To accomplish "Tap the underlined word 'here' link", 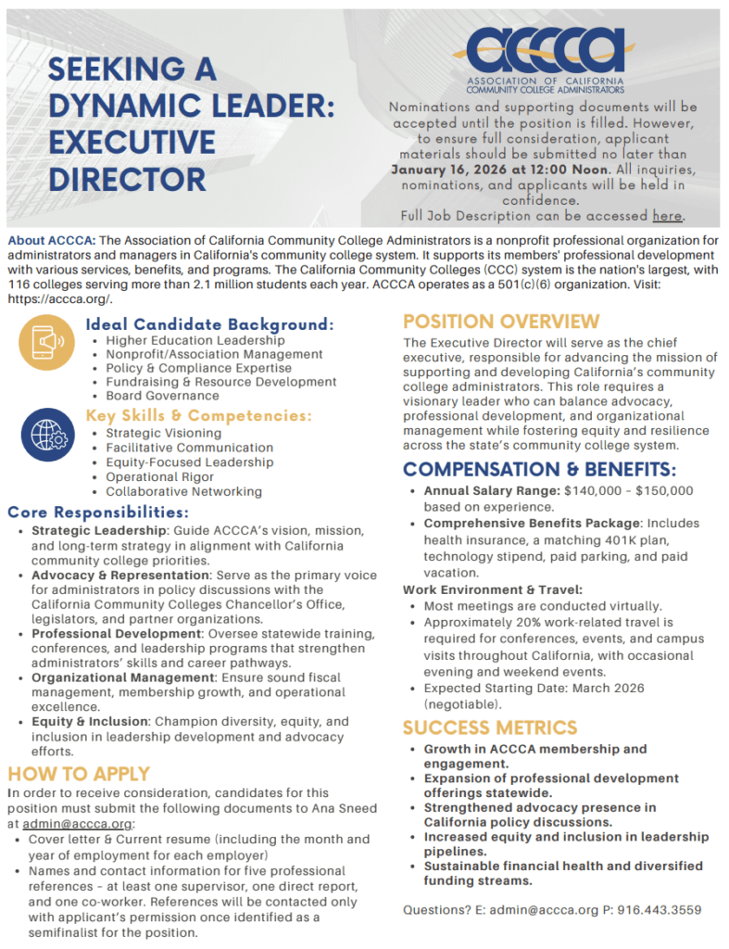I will pyautogui.click(x=667, y=216).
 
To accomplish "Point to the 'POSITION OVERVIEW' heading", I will pyautogui.click(x=501, y=322).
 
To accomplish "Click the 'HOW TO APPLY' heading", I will pyautogui.click(x=79, y=774).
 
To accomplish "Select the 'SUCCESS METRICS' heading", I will pyautogui.click(x=490, y=728).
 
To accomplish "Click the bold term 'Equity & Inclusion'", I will pyautogui.click(x=89, y=721).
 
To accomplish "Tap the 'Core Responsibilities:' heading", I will pyautogui.click(x=98, y=512).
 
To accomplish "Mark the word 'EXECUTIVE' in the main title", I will pyautogui.click(x=132, y=143).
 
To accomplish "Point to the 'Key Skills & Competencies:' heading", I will pyautogui.click(x=199, y=415).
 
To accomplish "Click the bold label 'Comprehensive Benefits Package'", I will pyautogui.click(x=532, y=524).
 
